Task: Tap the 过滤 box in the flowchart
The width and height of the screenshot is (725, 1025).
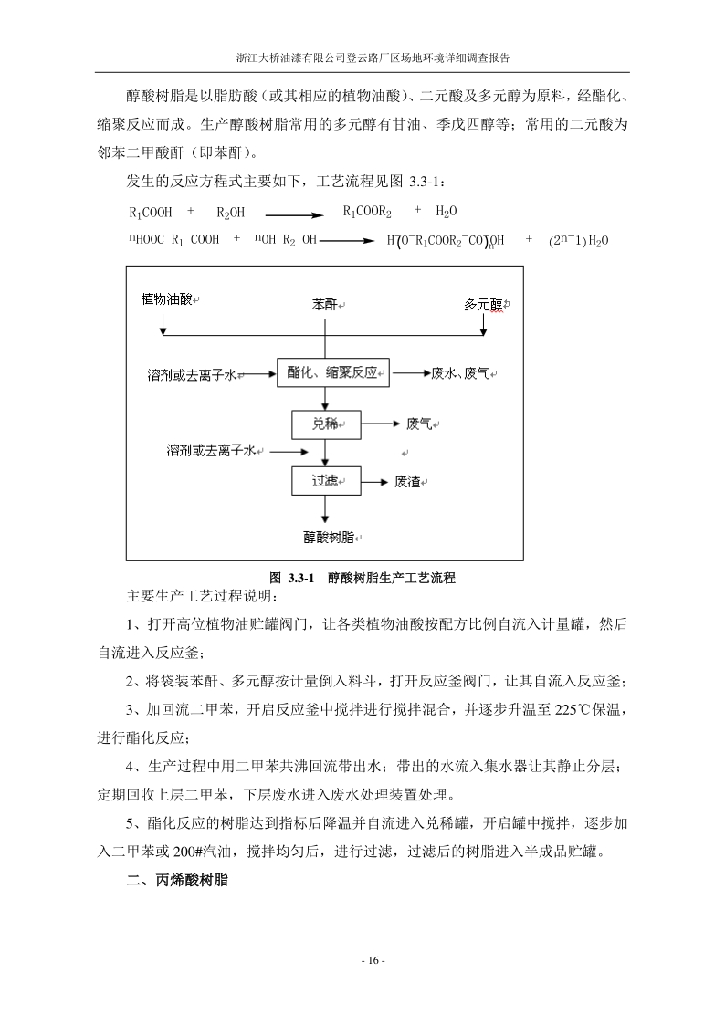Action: click(326, 480)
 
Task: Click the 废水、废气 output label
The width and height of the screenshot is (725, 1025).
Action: click(465, 373)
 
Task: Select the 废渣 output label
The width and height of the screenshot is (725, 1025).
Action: click(412, 482)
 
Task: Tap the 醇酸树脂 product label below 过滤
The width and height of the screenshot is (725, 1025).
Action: click(327, 537)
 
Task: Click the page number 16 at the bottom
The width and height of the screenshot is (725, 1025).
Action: click(362, 961)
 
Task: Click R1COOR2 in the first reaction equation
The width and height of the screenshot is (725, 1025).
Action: click(367, 212)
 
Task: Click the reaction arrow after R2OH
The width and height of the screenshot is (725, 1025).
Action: click(293, 215)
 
